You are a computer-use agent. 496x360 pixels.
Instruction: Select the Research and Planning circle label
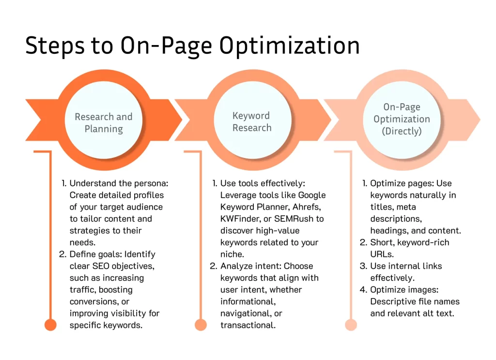(104, 123)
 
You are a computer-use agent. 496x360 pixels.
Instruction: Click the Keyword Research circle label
(252, 122)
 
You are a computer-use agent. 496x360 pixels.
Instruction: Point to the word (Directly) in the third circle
(402, 131)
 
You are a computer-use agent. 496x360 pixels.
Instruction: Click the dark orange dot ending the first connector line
(50, 325)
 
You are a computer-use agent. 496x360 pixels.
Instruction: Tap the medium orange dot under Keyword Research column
(201, 325)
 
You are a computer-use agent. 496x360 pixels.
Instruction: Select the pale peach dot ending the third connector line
(351, 325)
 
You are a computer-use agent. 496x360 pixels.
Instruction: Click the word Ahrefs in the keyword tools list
(307, 207)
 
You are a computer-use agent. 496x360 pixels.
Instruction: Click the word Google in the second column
(312, 195)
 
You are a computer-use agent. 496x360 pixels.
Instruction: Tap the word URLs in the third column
(382, 254)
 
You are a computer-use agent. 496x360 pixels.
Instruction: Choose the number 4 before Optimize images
(363, 290)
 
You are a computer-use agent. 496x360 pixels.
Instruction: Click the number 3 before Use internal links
(363, 266)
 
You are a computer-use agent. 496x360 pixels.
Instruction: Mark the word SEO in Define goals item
(101, 266)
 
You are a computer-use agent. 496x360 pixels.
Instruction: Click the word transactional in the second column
(248, 325)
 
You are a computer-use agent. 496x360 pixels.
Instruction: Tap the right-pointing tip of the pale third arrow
(480, 120)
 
